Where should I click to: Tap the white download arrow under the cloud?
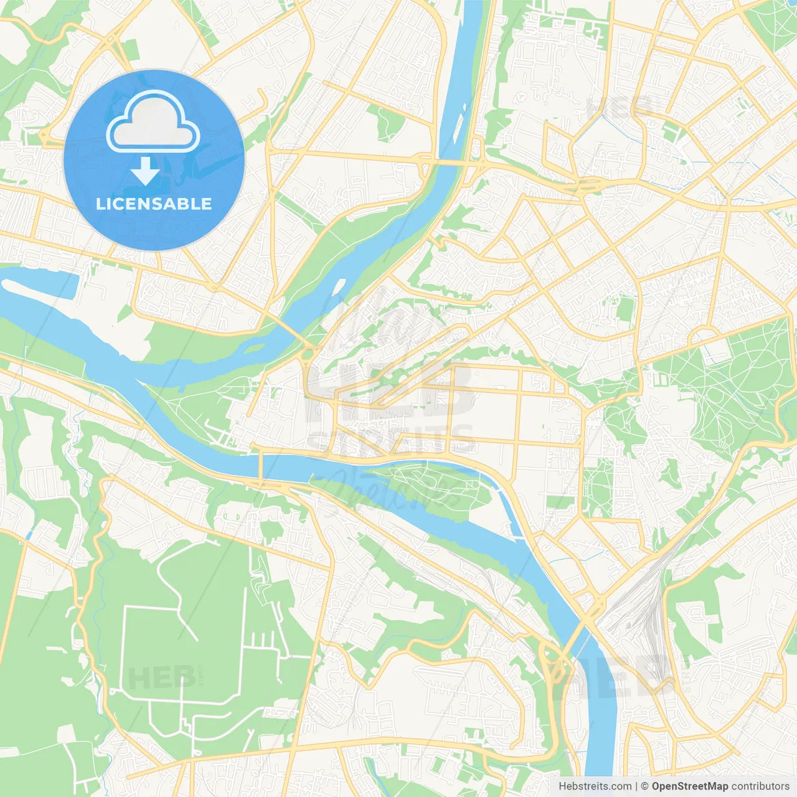coord(145,171)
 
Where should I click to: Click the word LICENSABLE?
coord(154,204)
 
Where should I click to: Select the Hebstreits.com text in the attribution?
coord(595,786)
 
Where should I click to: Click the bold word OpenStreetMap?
coord(689,786)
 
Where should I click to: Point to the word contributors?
coord(760,786)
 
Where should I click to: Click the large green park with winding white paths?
coord(729,386)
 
